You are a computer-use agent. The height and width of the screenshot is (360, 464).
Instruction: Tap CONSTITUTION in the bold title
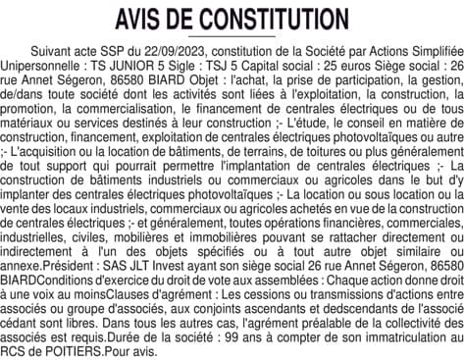(275, 20)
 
